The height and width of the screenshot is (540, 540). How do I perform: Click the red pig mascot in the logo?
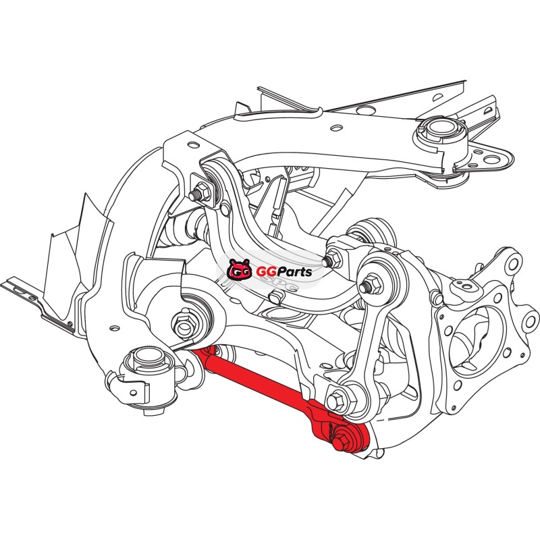point(239,269)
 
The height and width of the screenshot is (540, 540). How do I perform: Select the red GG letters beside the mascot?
point(266,272)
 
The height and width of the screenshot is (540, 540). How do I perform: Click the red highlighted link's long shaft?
point(256,378)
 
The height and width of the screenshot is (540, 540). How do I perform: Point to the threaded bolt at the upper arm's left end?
point(199,194)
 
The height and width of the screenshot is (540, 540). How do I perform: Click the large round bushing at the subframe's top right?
point(441,133)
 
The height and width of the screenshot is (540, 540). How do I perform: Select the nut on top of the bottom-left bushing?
point(148,359)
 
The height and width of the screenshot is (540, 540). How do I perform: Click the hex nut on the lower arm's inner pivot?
point(185,324)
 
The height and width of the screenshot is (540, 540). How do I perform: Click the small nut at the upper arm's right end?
point(333,260)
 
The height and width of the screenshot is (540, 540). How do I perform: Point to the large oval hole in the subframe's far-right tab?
point(492,159)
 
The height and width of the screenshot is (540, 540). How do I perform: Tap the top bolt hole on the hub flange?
point(513,264)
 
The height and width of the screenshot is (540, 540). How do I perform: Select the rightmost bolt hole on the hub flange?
point(531,322)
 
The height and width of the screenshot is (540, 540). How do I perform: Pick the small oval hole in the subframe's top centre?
point(336,128)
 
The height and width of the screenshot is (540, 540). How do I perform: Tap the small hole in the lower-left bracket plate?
point(114,328)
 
